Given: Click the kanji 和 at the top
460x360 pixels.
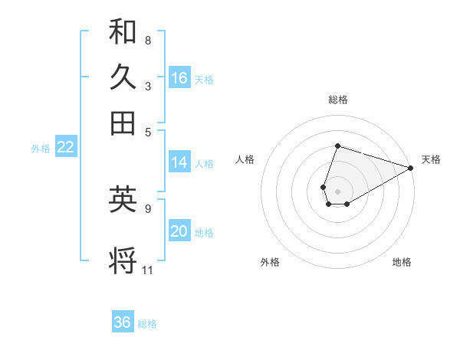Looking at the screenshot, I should coord(123,31).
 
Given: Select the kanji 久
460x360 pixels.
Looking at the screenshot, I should coord(123,77).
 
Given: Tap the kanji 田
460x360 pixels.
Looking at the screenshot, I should coord(123,123).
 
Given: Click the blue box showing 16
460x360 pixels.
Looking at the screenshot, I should coord(179,78).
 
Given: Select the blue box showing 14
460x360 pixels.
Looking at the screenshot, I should coord(179,162).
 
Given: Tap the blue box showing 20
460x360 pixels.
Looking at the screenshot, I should coord(179,232).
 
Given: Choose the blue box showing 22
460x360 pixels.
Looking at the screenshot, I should coord(65,148).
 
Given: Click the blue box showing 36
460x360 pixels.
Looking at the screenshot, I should coord(123,322).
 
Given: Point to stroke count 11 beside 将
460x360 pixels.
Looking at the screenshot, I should coord(148,270).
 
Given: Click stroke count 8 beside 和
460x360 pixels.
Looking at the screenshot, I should coord(147,40).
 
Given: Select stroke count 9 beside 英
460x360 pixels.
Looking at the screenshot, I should coord(147,208).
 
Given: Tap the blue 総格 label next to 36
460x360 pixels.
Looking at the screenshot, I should coord(148,324).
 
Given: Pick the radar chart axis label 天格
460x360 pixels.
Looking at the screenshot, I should coord(431,159).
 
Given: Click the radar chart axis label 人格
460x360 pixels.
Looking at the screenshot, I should coord(245,159).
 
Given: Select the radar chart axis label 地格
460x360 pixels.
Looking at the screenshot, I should coord(402,262).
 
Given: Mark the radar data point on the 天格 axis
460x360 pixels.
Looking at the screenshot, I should coord(411,168).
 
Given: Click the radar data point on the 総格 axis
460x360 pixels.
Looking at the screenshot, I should coord(337,146).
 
